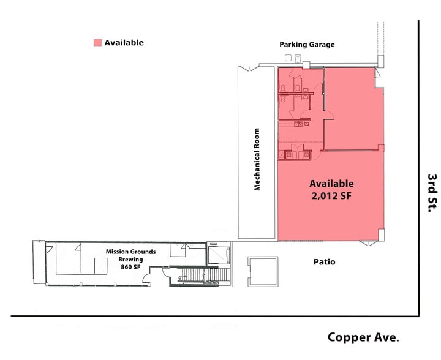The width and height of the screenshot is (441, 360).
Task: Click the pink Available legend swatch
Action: (x=97, y=43)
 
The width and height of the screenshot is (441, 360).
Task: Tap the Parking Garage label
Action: (x=307, y=45)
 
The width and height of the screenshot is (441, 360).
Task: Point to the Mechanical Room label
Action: (x=257, y=159)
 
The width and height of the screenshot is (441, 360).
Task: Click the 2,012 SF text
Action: (x=331, y=196)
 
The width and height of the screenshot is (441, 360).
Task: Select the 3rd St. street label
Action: (x=432, y=193)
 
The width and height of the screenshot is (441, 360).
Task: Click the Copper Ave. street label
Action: (x=363, y=337)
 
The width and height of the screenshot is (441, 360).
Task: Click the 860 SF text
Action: (x=130, y=268)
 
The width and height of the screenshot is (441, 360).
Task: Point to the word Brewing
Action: (x=130, y=260)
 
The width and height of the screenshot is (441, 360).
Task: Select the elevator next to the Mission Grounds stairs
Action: (x=217, y=255)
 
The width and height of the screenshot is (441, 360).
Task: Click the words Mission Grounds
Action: (x=130, y=252)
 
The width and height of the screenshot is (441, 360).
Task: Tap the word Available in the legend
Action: (x=124, y=43)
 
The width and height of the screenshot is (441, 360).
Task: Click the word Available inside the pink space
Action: (x=331, y=184)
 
